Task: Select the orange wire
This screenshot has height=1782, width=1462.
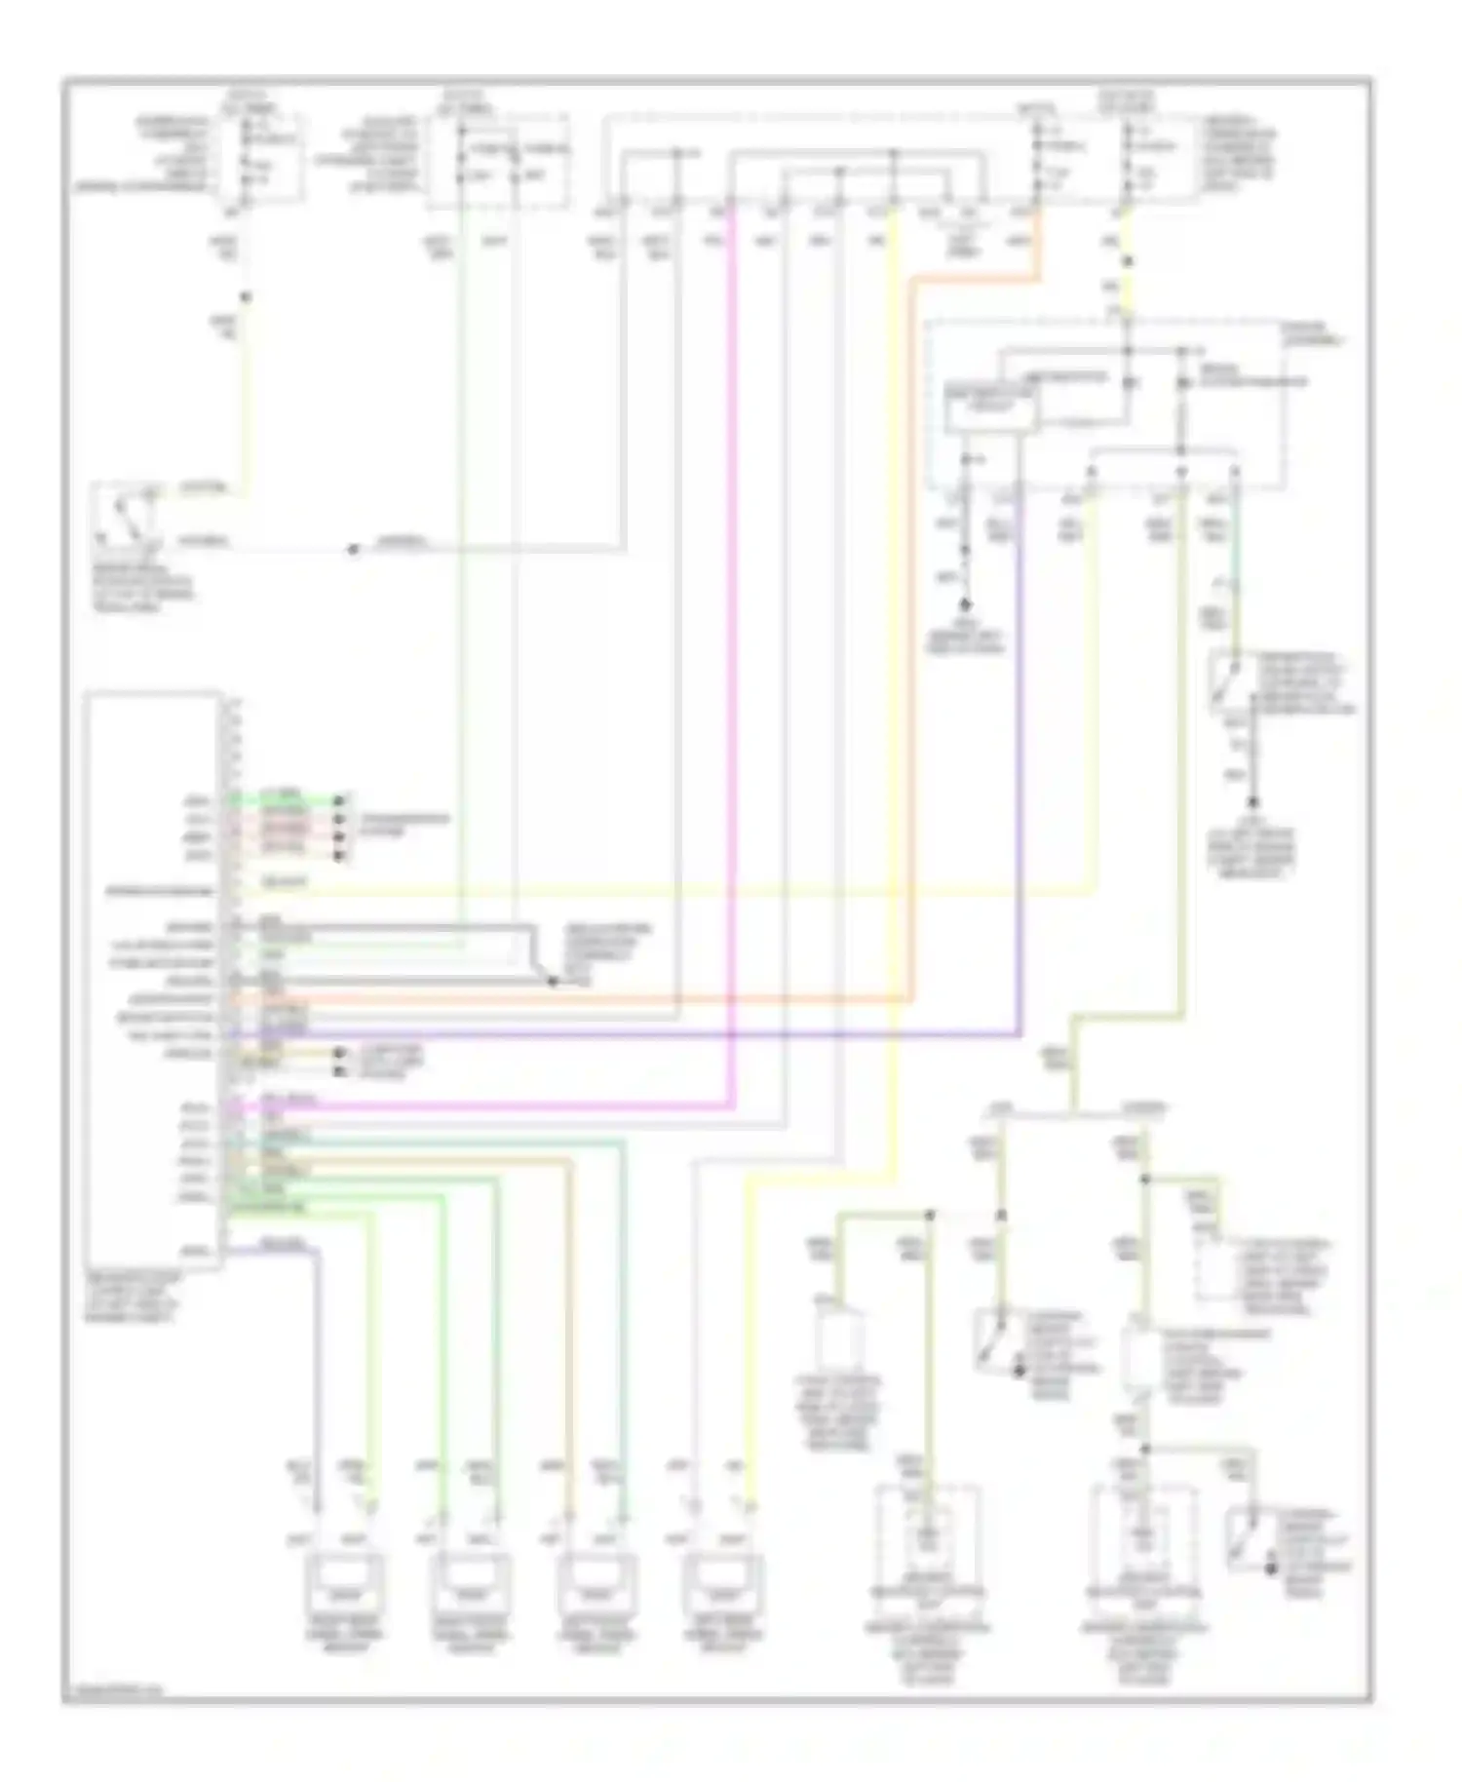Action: (912, 682)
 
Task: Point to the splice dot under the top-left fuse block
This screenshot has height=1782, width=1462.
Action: (246, 297)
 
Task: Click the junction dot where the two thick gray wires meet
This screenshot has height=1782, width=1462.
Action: (552, 982)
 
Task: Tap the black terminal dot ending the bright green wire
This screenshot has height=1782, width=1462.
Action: (339, 801)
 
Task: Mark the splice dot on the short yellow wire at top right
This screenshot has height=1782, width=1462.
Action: (1128, 261)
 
